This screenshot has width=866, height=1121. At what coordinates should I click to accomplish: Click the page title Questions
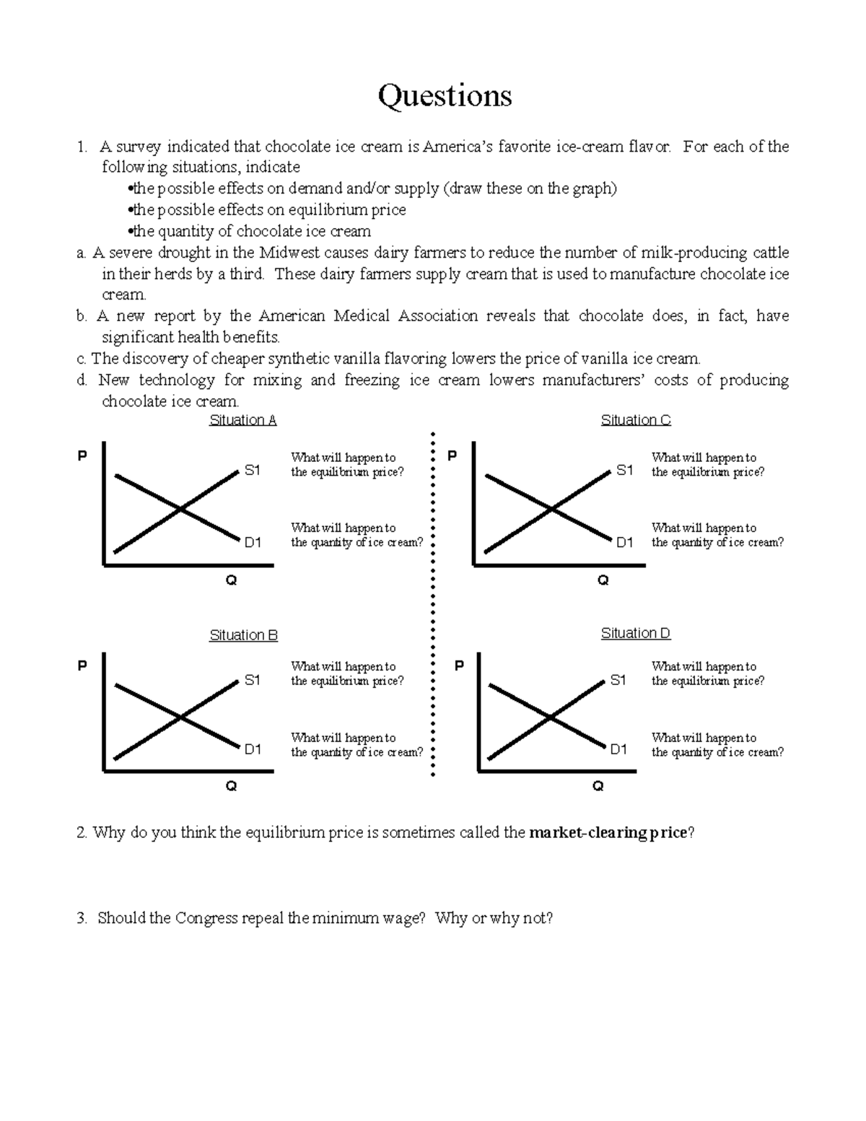pos(445,96)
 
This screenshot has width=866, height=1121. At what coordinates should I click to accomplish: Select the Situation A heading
pos(242,420)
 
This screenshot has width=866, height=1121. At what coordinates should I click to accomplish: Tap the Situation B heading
pos(243,635)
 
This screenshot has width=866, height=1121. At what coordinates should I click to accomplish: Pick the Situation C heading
pos(636,420)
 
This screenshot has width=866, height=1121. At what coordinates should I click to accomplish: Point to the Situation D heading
pos(636,634)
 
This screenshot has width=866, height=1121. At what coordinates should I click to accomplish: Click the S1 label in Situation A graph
pos(252,471)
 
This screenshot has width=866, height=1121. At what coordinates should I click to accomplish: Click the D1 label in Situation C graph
pos(624,542)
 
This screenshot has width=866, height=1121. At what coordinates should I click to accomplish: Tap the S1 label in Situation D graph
pos(618,680)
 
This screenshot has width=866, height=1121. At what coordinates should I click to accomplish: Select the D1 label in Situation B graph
pos(252,749)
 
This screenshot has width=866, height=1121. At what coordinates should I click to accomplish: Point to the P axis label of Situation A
pos(82,456)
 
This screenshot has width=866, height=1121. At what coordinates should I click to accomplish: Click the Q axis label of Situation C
pos(603,580)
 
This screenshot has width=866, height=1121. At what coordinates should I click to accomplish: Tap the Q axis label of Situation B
pos(231,787)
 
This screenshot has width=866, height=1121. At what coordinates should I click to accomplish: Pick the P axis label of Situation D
pos(458,666)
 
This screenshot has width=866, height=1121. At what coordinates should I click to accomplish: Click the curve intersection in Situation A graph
pos(179,510)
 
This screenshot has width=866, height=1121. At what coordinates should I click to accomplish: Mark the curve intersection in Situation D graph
pos(550,717)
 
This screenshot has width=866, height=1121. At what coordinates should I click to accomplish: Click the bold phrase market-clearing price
pos(608,833)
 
